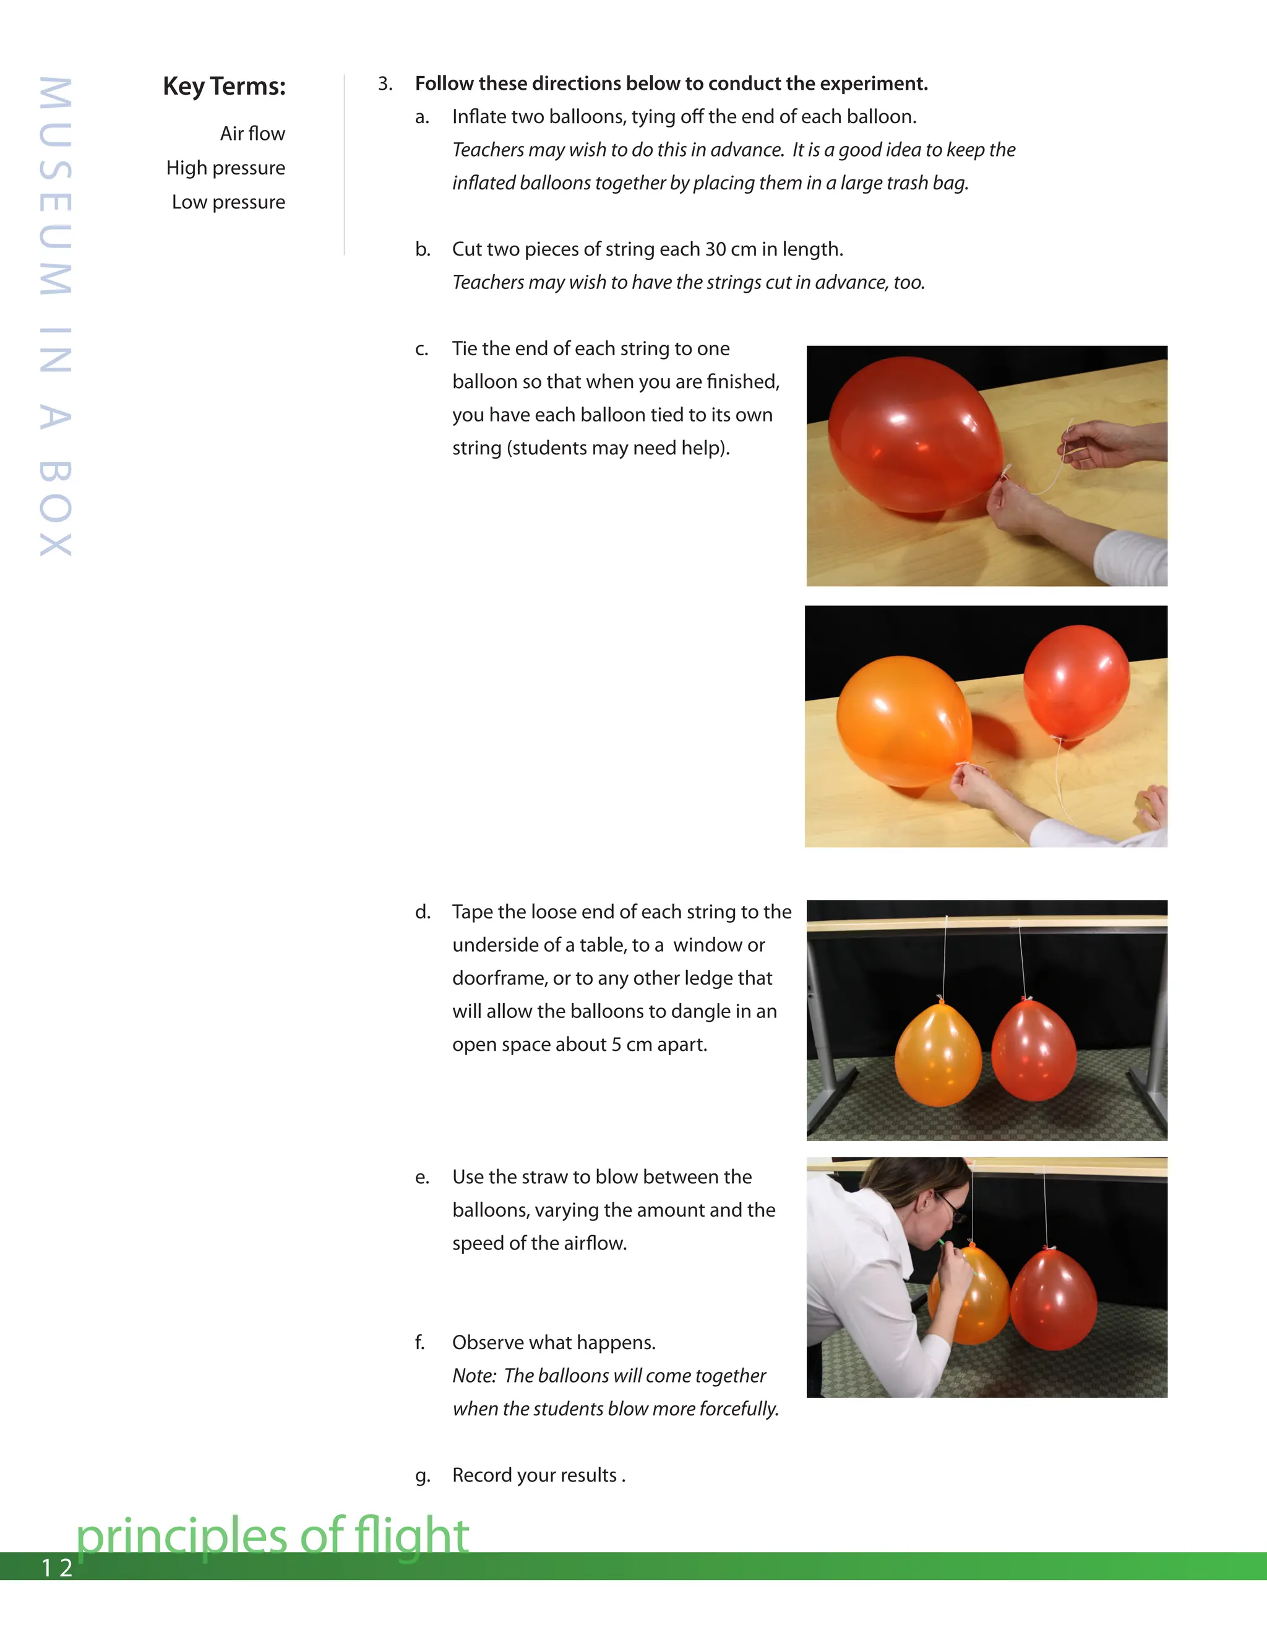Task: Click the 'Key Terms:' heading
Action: coord(224,87)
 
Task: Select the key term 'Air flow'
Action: coord(252,134)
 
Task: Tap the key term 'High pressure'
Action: coord(225,168)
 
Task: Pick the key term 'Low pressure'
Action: coord(228,202)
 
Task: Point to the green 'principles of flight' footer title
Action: coord(272,1535)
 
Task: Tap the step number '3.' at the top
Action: coord(385,84)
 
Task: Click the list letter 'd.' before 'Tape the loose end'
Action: coord(423,912)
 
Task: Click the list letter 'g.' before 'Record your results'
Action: coord(423,1475)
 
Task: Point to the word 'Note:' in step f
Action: coord(474,1376)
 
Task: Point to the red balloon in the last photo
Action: coord(1053,1301)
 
